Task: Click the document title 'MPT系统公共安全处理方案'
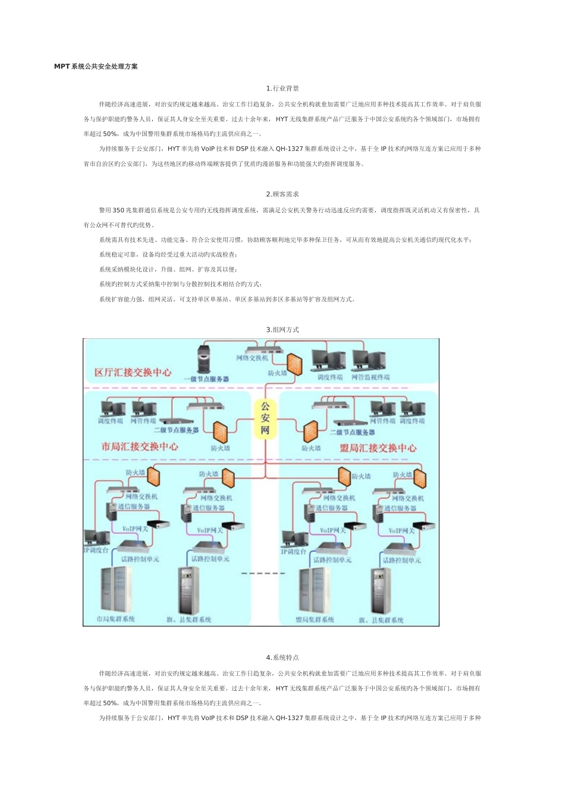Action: point(96,67)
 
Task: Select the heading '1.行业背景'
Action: point(282,89)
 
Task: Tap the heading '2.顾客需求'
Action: point(282,194)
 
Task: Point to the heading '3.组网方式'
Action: point(282,329)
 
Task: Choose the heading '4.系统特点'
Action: point(282,658)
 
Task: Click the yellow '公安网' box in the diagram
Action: point(265,418)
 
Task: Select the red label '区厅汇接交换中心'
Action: point(133,372)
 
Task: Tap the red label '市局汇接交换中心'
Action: point(140,446)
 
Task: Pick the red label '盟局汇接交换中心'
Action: point(378,448)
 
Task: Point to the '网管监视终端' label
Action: point(371,377)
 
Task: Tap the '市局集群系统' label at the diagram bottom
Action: point(116,619)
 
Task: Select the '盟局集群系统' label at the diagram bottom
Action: point(315,619)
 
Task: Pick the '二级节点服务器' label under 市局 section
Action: point(176,429)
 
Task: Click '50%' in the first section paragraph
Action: point(110,134)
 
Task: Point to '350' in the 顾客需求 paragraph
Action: point(118,210)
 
